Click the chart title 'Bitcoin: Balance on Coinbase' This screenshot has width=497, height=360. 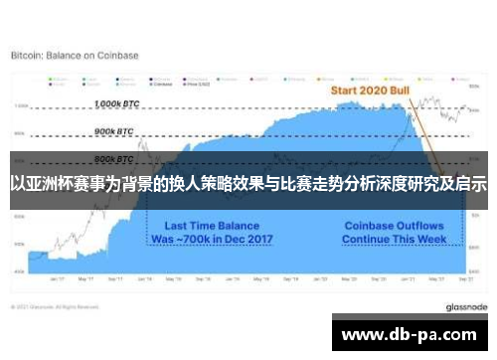pos(75,55)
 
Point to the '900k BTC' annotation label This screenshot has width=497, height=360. pos(114,131)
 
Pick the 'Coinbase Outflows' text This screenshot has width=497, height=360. pos(393,226)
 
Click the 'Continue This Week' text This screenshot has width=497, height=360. pos(393,240)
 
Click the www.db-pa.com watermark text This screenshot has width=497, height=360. pos(411,333)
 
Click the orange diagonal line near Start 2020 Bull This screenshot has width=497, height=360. pos(422,129)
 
